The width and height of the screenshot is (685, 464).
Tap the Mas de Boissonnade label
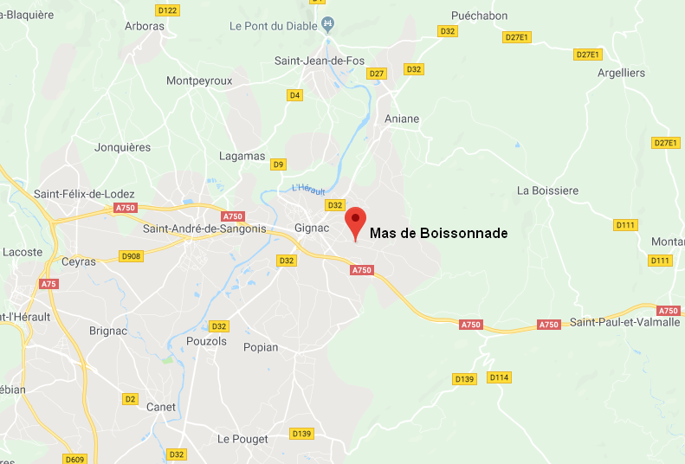pos(438,233)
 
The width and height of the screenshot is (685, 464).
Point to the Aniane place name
pos(403,119)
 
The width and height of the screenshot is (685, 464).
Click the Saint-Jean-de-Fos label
pos(320,61)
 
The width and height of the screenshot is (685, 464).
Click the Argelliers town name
pos(621,73)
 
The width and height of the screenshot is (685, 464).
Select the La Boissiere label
pos(547,190)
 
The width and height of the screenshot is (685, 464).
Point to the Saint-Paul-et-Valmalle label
pos(624,323)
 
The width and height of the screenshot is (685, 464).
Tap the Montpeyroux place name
pos(199,81)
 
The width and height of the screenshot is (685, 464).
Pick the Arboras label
pos(145,26)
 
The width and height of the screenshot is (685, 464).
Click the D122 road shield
pos(167,10)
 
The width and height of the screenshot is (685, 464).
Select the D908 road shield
pos(132,256)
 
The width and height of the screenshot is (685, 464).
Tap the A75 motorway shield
pos(48,284)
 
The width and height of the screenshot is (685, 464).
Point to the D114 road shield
pos(500,377)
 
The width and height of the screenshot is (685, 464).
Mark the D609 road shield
pos(75,459)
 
